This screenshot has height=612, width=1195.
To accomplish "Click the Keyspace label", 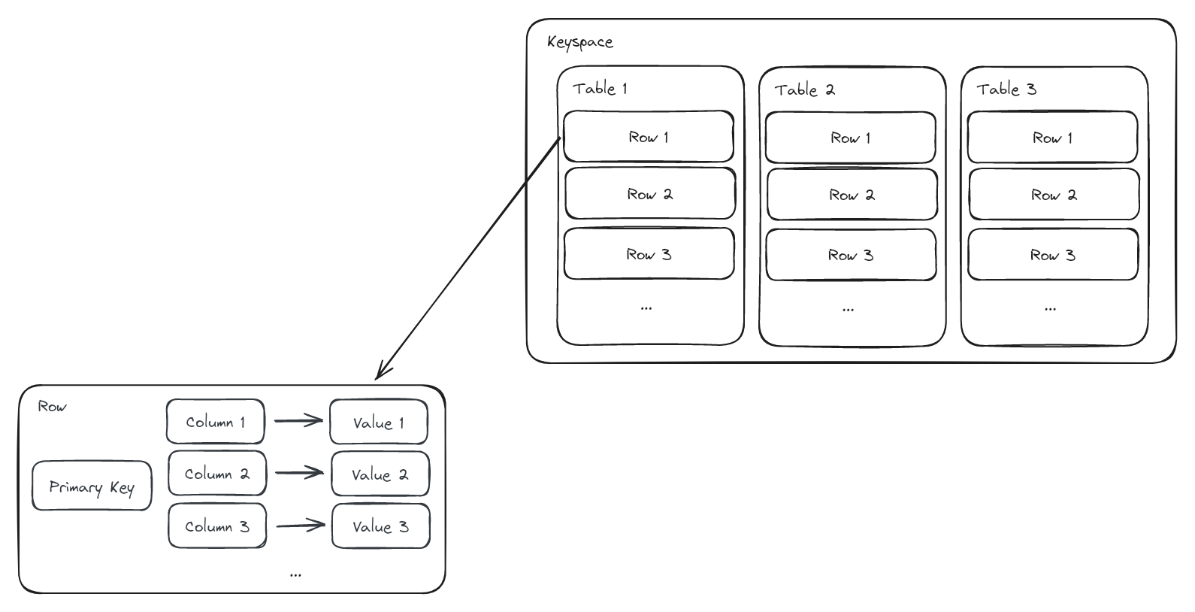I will coord(579,42).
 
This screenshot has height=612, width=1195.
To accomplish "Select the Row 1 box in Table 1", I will coord(648,137).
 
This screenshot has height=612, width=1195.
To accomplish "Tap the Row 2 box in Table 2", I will coord(852,195).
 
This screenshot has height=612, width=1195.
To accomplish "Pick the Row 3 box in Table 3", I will coord(1052,255).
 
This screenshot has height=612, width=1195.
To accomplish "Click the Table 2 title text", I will coord(804,90).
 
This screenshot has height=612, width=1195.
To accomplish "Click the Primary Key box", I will coord(92,486).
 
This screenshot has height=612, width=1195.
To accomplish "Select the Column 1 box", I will coord(215,422).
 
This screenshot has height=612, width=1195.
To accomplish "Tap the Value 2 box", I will coord(380,474).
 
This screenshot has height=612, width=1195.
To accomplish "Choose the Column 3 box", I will coord(216,526).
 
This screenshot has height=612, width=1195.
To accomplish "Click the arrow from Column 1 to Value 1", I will coord(298,421).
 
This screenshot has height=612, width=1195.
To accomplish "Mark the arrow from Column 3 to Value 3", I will coord(301,526).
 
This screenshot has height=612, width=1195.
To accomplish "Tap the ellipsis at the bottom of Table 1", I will coord(646,308).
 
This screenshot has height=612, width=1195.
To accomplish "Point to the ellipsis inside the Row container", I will coord(295,574).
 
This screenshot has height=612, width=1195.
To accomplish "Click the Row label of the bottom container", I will coord(52,407).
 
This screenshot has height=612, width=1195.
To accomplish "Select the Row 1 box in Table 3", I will coord(1052,138).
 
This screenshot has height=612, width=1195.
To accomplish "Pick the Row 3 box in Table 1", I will coord(649,254).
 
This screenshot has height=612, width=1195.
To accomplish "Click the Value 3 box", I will coord(380,526).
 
